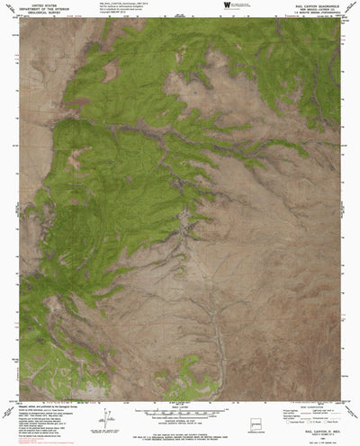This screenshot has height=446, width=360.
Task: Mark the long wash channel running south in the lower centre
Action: click(x=213, y=333)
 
